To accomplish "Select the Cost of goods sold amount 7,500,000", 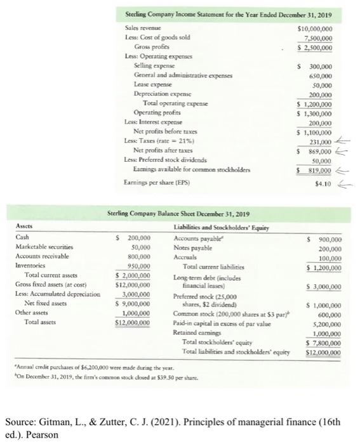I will pyautogui.click(x=323, y=37).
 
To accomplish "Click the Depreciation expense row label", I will pyautogui.click(x=160, y=93).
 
